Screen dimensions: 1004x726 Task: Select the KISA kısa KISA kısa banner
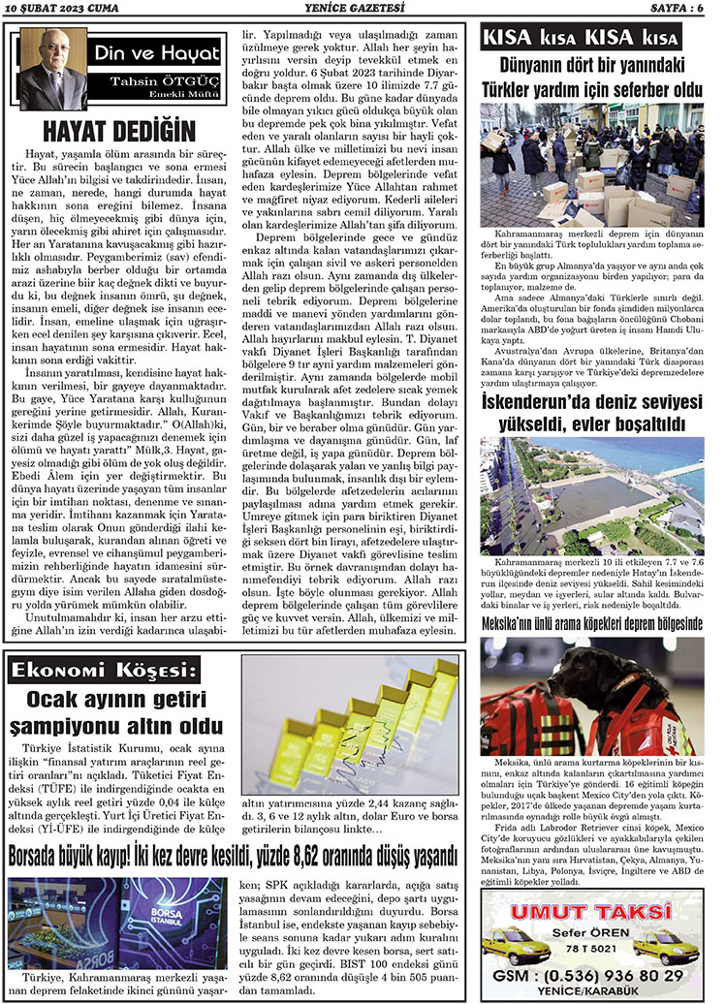581,39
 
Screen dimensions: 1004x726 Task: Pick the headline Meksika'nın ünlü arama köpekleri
593,625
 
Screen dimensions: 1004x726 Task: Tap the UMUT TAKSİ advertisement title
592,912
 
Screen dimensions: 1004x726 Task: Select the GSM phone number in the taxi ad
591,974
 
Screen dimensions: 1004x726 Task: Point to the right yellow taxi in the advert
670,944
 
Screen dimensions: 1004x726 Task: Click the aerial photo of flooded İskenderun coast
592,496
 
